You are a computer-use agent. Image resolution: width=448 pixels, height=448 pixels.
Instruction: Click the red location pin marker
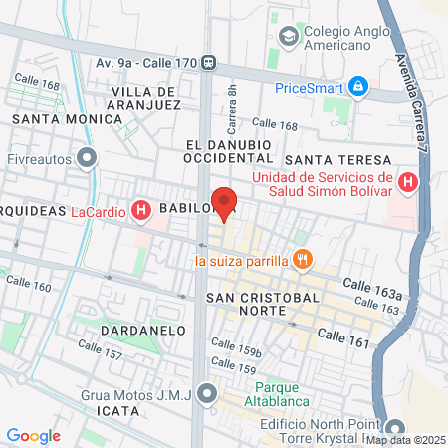[225, 202]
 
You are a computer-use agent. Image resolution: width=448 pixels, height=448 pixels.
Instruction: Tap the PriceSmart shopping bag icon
[359, 87]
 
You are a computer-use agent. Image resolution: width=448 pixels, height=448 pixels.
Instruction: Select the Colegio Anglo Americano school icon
[289, 37]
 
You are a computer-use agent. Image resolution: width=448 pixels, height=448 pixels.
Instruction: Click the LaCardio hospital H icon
[142, 210]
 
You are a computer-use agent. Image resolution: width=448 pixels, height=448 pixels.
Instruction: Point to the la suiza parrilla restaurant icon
[303, 261]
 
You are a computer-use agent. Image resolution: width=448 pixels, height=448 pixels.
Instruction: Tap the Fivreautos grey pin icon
[89, 156]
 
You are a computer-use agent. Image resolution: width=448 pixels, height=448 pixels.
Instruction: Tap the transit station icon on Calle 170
[208, 61]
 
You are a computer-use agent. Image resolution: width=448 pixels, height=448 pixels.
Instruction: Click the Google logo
[33, 435]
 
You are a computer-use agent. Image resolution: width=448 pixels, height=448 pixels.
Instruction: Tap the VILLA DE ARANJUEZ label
[145, 97]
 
